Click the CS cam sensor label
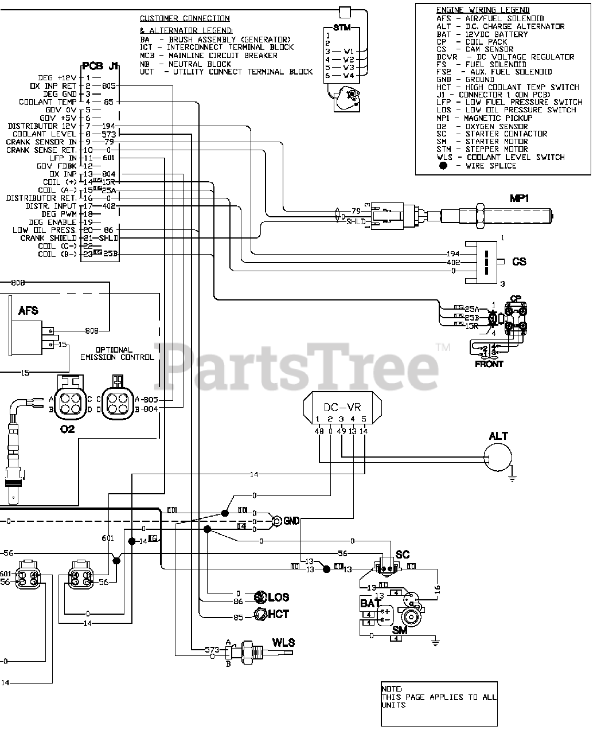coord(519,261)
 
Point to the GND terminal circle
coord(277,521)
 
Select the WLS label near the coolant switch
coord(283,642)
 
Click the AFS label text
coord(28,310)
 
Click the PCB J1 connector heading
coord(100,65)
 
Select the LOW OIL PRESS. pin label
coord(45,230)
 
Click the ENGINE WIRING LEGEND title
coord(482,10)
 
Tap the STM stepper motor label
coord(342,28)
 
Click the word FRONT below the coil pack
coord(489,364)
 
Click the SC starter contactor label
coord(403,555)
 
